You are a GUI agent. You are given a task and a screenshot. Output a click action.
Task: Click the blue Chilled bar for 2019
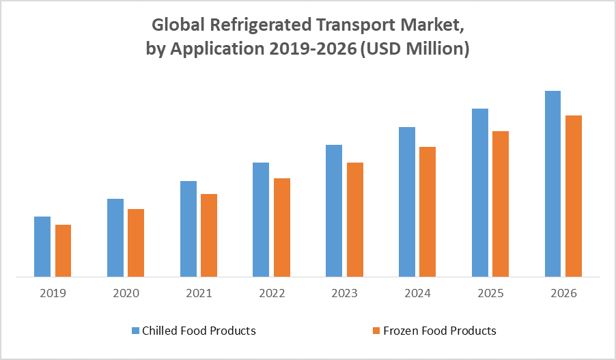click(x=42, y=247)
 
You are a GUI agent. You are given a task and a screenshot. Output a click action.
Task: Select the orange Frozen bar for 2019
click(x=63, y=251)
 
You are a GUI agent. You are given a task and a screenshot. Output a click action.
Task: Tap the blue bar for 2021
click(x=188, y=229)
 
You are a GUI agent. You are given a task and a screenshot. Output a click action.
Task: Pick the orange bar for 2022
click(x=282, y=227)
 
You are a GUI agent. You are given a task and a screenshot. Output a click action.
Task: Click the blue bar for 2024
click(x=407, y=202)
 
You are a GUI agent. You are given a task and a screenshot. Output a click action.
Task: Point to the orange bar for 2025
click(x=501, y=204)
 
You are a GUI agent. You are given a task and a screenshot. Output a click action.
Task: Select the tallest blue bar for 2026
click(x=552, y=184)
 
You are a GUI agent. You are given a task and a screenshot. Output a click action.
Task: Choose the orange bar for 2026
click(x=574, y=196)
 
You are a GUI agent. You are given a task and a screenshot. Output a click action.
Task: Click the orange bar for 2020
click(x=136, y=243)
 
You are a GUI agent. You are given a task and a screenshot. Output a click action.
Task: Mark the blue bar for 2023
click(x=334, y=211)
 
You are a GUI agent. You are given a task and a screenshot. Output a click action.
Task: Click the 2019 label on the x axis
click(x=53, y=294)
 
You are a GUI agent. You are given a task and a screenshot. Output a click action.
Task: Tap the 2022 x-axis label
click(x=272, y=294)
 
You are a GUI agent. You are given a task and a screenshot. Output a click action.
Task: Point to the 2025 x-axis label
click(x=490, y=294)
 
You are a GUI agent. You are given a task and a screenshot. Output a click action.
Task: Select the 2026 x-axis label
click(x=563, y=294)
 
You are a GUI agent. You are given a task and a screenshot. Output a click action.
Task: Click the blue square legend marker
click(x=135, y=331)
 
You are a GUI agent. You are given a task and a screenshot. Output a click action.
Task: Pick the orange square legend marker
click(x=376, y=331)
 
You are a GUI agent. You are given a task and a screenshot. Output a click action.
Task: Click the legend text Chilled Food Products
click(x=199, y=331)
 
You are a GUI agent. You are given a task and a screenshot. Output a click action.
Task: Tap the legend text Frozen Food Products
click(x=440, y=331)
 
